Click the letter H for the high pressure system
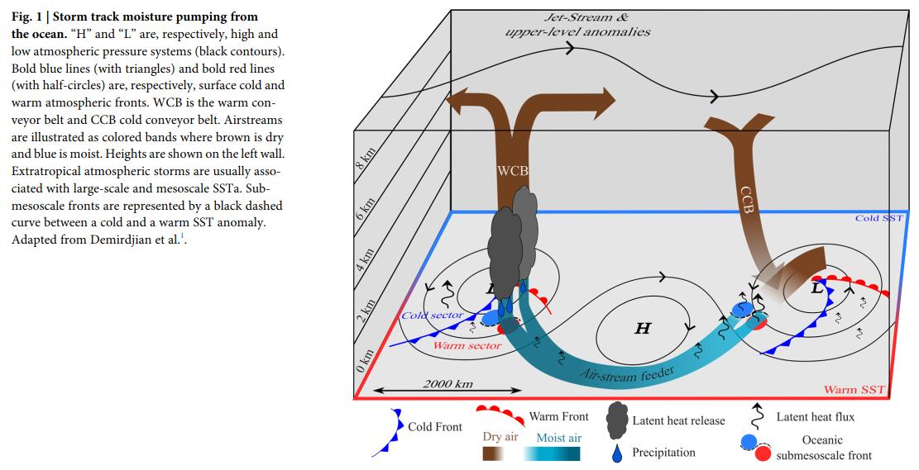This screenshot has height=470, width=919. coord(642,329)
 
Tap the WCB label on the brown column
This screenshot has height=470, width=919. coord(514,172)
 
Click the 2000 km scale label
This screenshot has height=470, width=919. coord(448,383)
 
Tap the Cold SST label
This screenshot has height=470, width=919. coord(878,217)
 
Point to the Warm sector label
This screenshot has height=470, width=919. coord(467,345)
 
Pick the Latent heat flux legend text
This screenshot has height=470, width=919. coord(816,416)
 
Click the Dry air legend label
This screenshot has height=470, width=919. coord(500,436)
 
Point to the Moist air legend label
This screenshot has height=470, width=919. coord(558,437)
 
